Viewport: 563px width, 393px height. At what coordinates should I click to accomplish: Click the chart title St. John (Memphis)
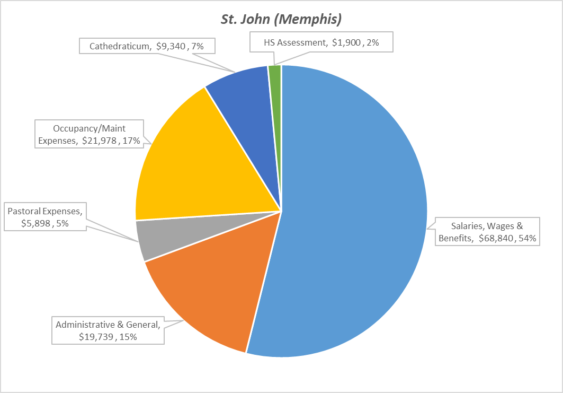pyautogui.click(x=281, y=20)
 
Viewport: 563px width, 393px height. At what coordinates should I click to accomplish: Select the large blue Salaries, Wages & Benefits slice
pyautogui.click(x=355, y=212)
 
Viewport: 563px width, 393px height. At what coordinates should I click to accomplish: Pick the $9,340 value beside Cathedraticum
pyautogui.click(x=171, y=46)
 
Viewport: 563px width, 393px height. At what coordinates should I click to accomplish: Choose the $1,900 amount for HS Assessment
pyautogui.click(x=345, y=43)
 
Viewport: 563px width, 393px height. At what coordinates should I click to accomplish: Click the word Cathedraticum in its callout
pyautogui.click(x=119, y=46)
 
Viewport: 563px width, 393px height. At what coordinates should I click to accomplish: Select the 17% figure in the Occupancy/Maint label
pyautogui.click(x=132, y=141)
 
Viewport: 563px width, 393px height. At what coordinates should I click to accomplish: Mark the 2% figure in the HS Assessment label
pyautogui.click(x=372, y=43)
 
